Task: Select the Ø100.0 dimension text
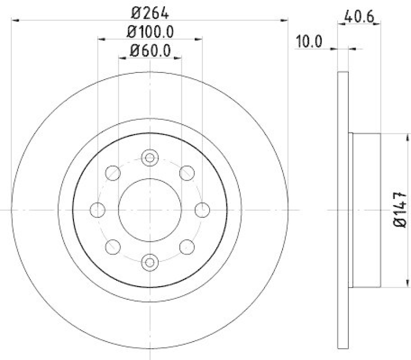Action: point(150,32)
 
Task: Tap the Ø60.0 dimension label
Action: point(150,50)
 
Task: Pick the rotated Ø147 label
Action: point(400,210)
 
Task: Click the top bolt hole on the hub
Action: point(150,157)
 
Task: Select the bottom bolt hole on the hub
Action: point(150,262)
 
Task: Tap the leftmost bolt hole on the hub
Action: point(97,210)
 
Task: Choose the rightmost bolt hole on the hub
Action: point(202,210)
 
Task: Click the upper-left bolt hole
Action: point(113,173)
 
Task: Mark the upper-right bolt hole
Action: point(186,173)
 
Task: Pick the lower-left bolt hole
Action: point(113,247)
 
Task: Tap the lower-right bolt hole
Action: point(186,247)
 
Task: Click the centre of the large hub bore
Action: point(150,210)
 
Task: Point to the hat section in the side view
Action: point(366,210)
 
